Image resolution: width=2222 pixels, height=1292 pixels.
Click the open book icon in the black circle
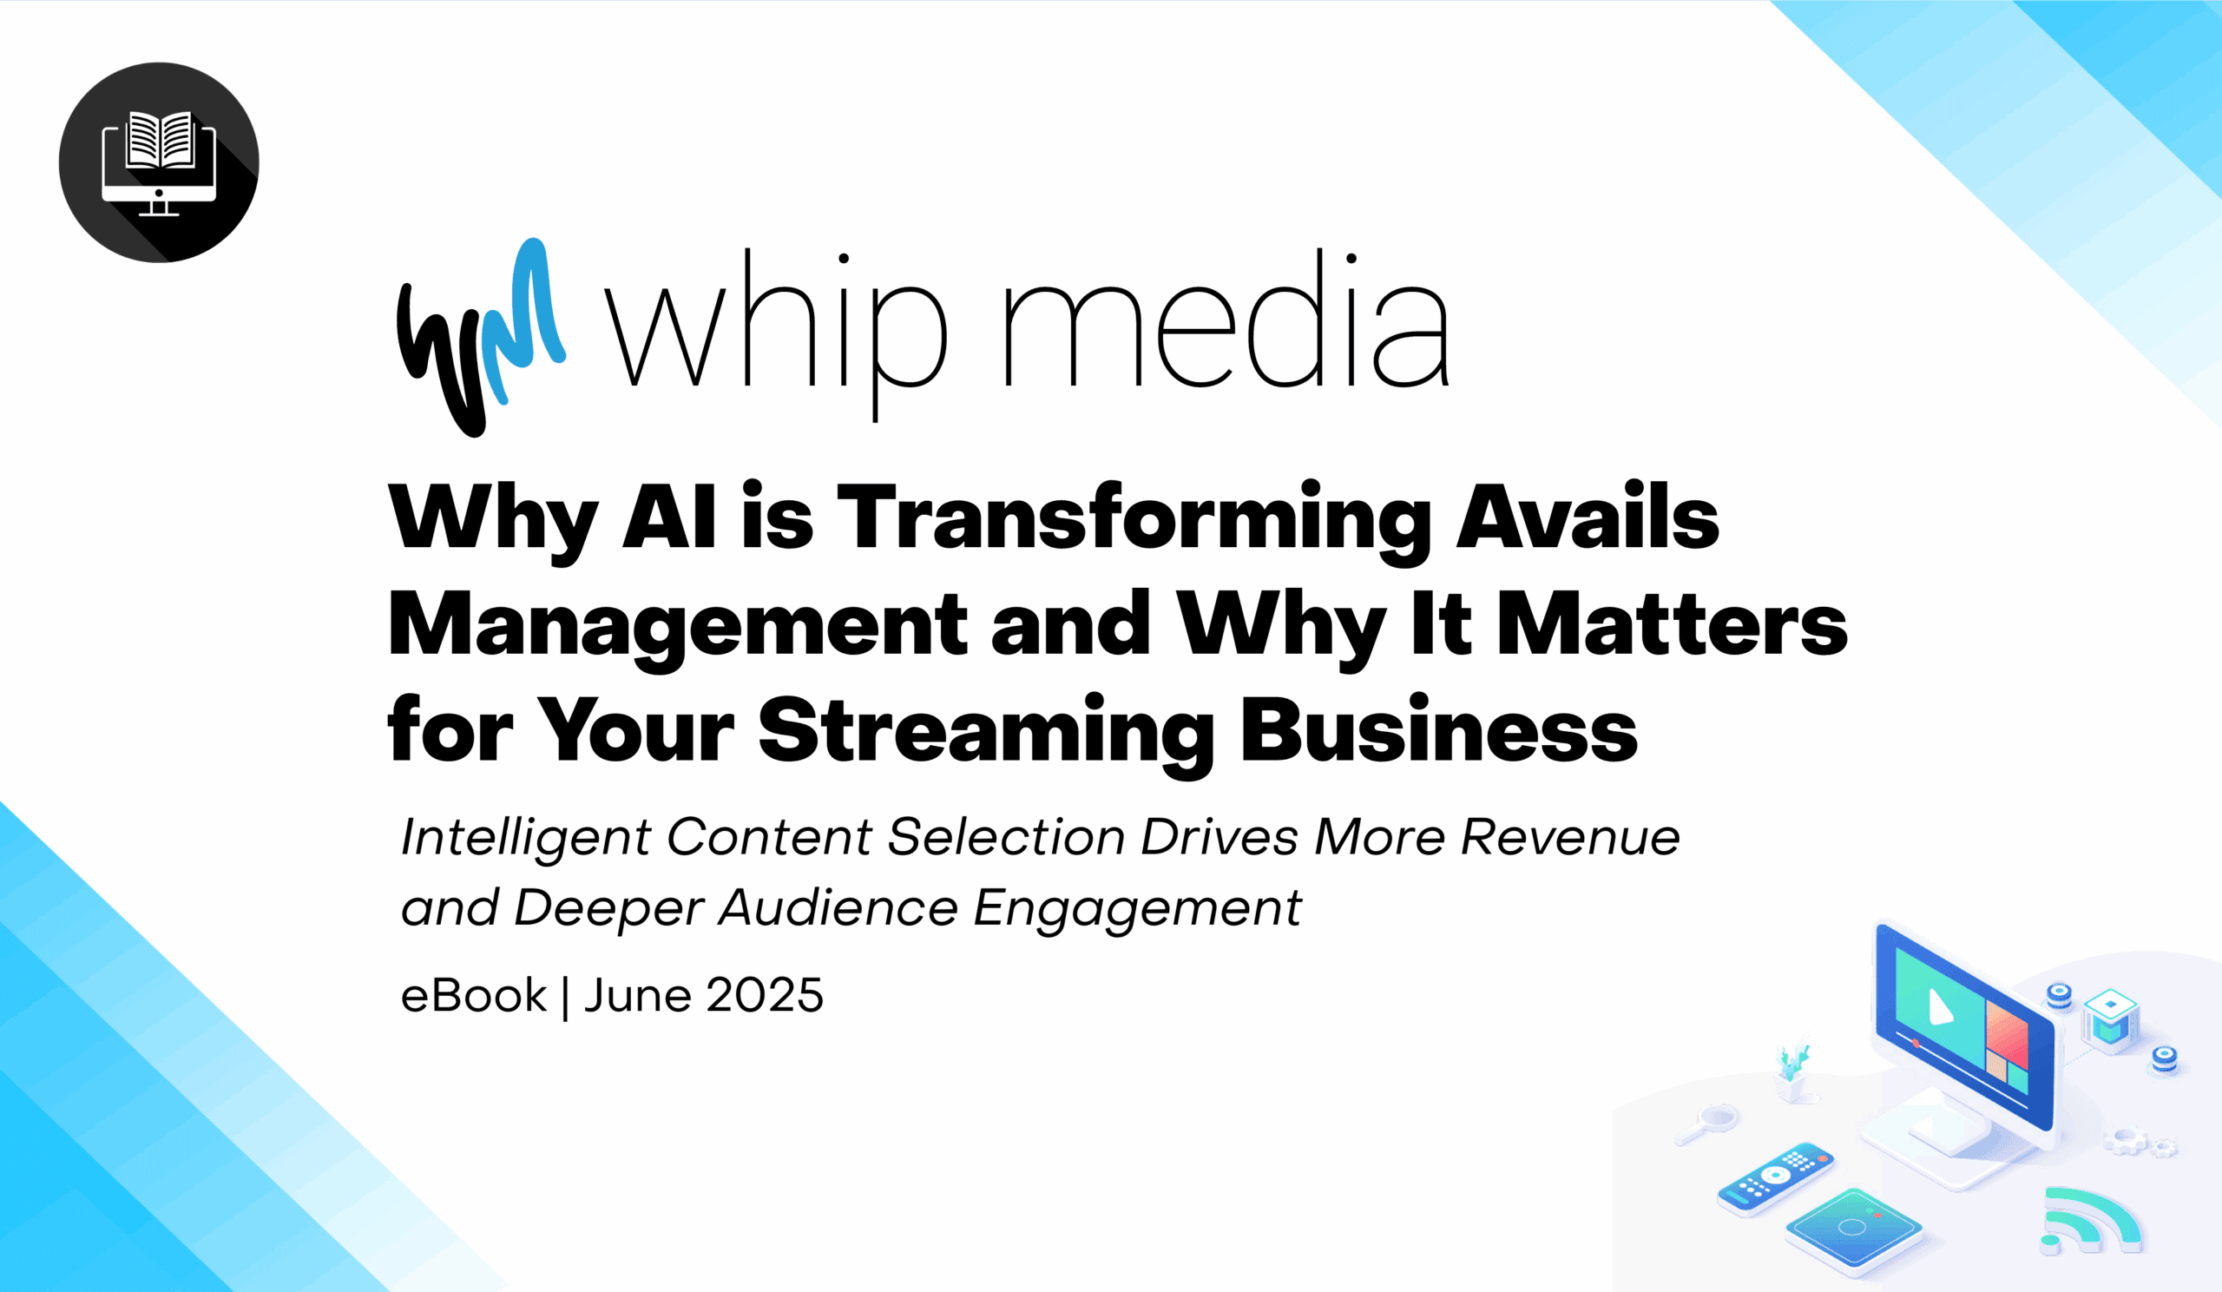160,140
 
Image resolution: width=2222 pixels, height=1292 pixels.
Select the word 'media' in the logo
1226,319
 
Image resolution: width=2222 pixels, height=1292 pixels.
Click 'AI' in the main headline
668,517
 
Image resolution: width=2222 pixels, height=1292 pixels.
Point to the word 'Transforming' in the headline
1134,522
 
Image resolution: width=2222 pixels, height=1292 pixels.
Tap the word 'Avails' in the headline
1588,516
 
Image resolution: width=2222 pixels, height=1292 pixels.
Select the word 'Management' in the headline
677,630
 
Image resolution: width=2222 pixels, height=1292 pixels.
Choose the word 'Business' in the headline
1439,729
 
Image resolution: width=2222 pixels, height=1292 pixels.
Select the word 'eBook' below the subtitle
475,996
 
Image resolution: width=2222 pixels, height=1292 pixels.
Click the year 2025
765,996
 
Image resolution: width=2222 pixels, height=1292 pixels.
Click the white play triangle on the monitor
1939,1007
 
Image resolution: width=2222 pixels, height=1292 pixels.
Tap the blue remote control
1775,1179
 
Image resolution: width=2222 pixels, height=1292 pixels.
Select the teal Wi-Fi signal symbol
2091,1221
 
